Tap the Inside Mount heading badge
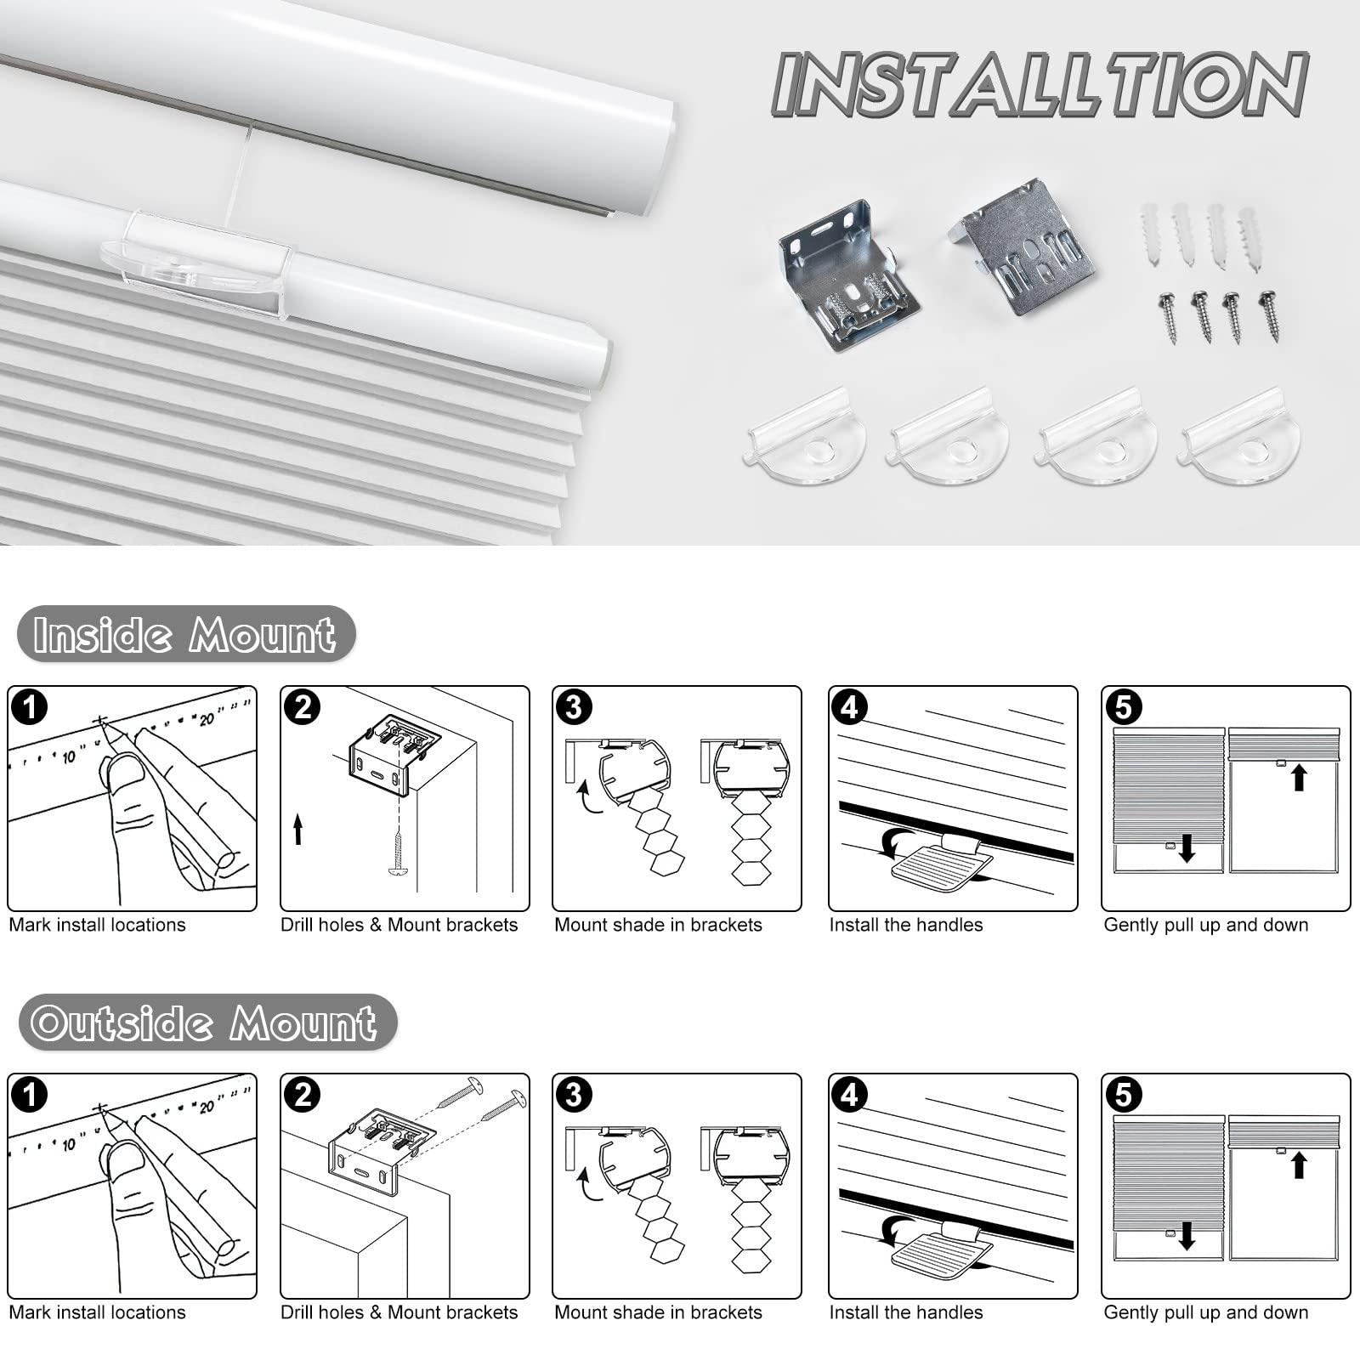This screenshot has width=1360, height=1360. click(185, 634)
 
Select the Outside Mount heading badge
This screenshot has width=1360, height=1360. click(206, 1022)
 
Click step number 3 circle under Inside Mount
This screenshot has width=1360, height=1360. click(574, 708)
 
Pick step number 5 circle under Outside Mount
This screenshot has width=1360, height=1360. click(1124, 1096)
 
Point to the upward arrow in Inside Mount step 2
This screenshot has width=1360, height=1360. click(297, 829)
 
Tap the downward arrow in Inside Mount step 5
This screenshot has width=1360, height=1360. click(1187, 847)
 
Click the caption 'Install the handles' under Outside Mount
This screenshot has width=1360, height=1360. click(905, 1312)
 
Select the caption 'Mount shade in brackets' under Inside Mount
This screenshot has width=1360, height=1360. click(658, 925)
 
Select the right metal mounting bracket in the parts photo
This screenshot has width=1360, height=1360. click(1027, 246)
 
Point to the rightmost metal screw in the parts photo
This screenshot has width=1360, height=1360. click(1272, 315)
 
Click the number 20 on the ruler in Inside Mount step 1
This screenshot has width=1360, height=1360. click(207, 720)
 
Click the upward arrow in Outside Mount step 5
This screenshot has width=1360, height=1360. click(1298, 1164)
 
